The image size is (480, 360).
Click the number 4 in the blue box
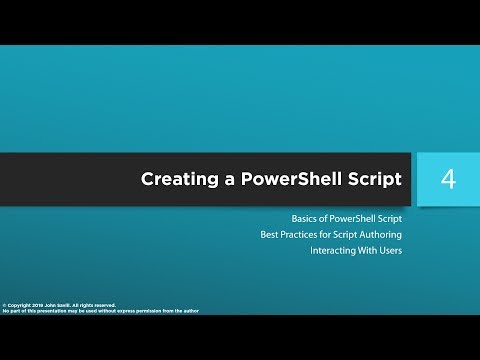[448, 180]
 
